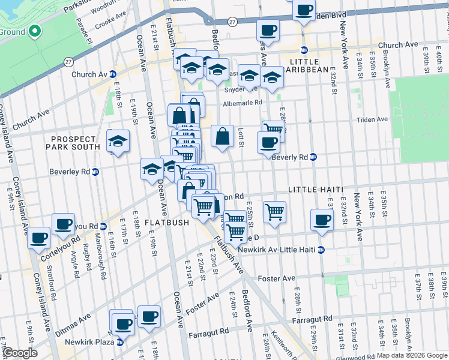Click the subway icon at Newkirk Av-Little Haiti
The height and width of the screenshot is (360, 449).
(321, 250)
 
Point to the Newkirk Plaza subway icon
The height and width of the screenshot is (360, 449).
(120, 343)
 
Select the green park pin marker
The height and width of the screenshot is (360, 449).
(34, 31)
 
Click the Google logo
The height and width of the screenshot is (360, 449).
(19, 353)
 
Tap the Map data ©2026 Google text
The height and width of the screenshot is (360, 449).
(411, 355)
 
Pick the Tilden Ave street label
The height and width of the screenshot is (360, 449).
(372, 119)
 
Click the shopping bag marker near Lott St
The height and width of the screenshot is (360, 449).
(222, 136)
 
